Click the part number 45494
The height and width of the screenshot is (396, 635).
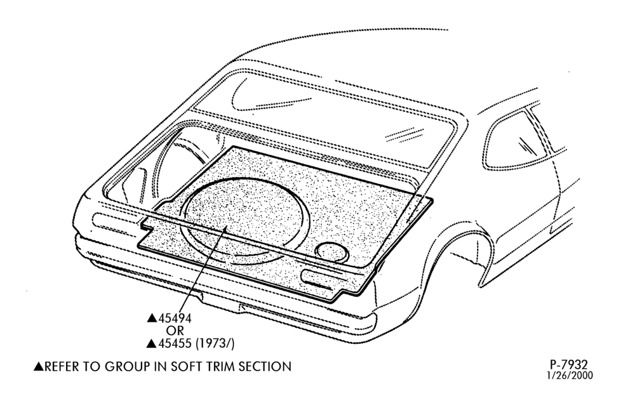pyautogui.click(x=175, y=318)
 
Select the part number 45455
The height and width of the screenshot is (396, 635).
pyautogui.click(x=175, y=344)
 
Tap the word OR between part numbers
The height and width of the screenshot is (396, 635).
pyautogui.click(x=175, y=331)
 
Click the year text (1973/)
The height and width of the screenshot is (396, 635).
pyautogui.click(x=215, y=344)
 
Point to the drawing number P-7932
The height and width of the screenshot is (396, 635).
pyautogui.click(x=568, y=364)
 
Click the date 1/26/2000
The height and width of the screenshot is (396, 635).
pyautogui.click(x=570, y=375)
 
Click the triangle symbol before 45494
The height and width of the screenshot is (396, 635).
pyautogui.click(x=152, y=318)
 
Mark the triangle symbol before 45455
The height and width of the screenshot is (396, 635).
pyautogui.click(x=152, y=344)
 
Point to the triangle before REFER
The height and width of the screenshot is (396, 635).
pyautogui.click(x=39, y=366)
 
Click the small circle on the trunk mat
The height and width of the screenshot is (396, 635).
pyautogui.click(x=332, y=252)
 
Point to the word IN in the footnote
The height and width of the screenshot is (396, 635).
pyautogui.click(x=161, y=366)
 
